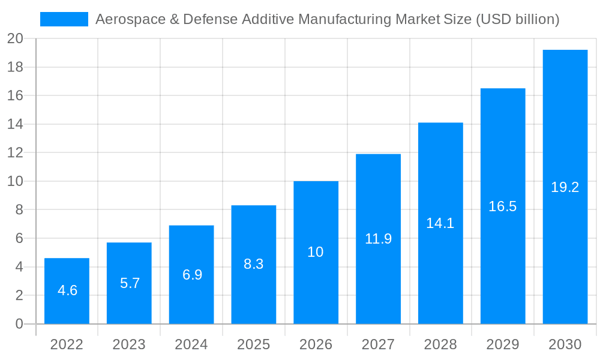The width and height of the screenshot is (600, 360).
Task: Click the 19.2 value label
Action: click(565, 187)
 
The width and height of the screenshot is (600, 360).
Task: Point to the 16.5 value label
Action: click(503, 206)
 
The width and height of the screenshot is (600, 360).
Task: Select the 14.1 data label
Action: click(440, 223)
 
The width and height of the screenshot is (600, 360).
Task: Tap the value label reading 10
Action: click(316, 252)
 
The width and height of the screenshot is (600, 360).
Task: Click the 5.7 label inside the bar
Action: click(130, 283)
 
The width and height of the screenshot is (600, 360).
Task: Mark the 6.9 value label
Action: click(192, 275)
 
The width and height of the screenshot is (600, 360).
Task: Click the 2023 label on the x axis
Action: click(129, 344)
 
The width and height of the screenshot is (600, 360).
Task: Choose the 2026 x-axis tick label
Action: click(316, 344)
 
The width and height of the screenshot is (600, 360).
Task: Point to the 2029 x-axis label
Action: click(503, 344)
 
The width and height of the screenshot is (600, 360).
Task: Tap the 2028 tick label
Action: click(440, 344)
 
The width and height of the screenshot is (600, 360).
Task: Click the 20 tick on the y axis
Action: click(16, 39)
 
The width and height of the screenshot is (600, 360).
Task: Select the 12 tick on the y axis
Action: click(16, 153)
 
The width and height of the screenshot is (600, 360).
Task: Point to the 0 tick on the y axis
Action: click(19, 324)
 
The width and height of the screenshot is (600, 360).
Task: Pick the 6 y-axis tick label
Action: click(19, 238)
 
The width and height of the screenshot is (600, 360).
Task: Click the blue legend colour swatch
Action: click(64, 19)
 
